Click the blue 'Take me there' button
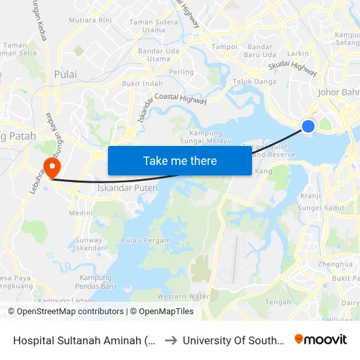(179, 160)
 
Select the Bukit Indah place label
(142, 84)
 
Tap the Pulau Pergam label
(145, 241)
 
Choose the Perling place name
(181, 72)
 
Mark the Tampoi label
(225, 47)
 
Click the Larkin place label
(298, 53)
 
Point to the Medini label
(81, 213)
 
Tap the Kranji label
(310, 196)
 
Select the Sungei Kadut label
(321, 207)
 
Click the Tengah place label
(279, 302)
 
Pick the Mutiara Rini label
(90, 21)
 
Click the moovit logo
(321, 340)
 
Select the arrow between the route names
(170, 340)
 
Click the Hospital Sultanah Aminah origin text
(85, 340)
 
